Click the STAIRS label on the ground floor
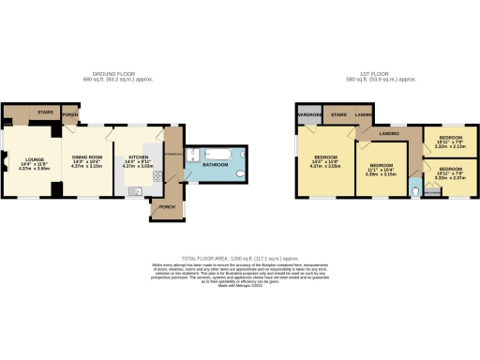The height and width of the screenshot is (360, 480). point(45,112)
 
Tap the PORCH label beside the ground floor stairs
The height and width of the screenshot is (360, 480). point(69,116)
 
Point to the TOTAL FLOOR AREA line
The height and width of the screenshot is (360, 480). point(240,258)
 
